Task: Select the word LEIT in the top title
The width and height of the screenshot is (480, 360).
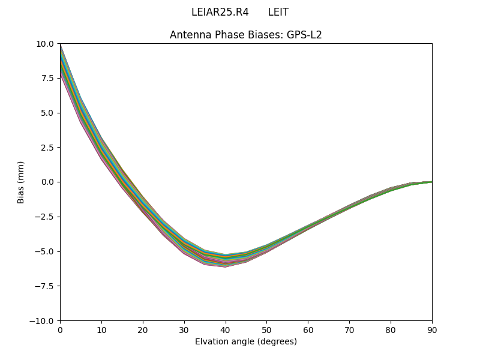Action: [x=278, y=12]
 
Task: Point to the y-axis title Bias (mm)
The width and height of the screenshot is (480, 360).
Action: [x=21, y=182]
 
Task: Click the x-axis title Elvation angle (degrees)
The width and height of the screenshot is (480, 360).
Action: [x=246, y=341]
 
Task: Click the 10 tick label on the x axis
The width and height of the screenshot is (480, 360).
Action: [x=101, y=329]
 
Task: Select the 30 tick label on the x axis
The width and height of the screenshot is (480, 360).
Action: [x=184, y=329]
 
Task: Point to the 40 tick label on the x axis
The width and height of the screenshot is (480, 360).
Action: [x=226, y=329]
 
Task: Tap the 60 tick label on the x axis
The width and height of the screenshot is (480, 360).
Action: [x=308, y=329]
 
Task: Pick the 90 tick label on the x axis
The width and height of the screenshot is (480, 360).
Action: [x=431, y=329]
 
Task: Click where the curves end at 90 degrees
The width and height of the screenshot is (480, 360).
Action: [x=431, y=181]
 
